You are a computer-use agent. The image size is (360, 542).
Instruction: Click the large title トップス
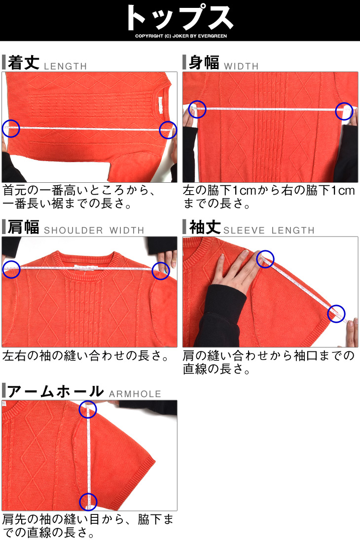click(x=180, y=18)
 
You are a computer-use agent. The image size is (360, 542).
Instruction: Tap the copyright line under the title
click(x=181, y=36)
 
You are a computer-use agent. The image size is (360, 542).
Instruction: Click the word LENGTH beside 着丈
click(x=66, y=66)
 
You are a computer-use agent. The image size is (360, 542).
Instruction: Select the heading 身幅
click(x=204, y=63)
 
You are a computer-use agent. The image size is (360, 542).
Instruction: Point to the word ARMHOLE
click(x=135, y=394)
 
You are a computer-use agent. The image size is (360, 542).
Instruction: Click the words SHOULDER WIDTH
click(x=94, y=230)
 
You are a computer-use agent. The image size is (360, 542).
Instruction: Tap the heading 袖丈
click(x=205, y=227)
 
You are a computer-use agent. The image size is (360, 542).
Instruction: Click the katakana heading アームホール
click(x=56, y=391)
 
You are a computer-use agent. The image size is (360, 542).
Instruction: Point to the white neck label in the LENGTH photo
click(x=160, y=104)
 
